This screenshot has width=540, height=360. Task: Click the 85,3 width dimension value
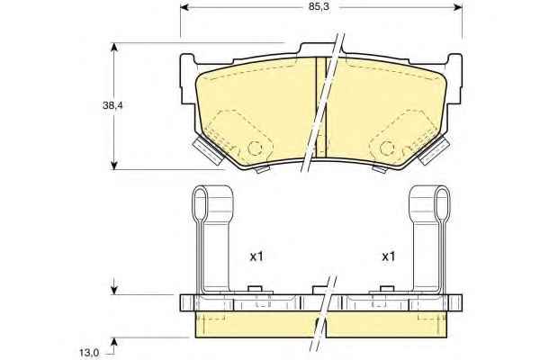[319, 7]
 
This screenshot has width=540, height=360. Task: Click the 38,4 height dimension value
[112, 105]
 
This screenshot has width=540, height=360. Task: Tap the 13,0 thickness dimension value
[89, 353]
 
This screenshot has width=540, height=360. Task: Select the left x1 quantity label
[256, 256]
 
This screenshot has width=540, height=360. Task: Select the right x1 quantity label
[389, 256]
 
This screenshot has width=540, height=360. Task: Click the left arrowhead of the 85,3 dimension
[184, 7]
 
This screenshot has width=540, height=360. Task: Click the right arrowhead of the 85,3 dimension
[458, 7]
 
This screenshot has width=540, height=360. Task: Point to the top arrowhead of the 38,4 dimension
[114, 47]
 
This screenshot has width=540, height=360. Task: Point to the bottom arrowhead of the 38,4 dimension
[114, 165]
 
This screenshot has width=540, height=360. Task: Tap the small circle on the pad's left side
[256, 148]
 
